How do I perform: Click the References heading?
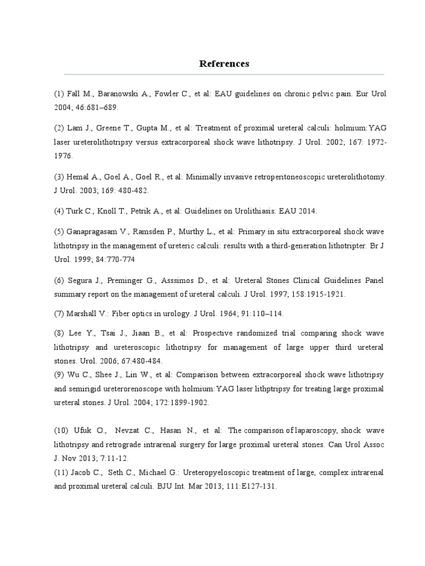[x=224, y=64]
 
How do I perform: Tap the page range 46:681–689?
[x=98, y=107]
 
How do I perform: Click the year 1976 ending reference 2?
[x=63, y=156]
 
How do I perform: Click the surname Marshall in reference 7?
[x=83, y=313]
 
